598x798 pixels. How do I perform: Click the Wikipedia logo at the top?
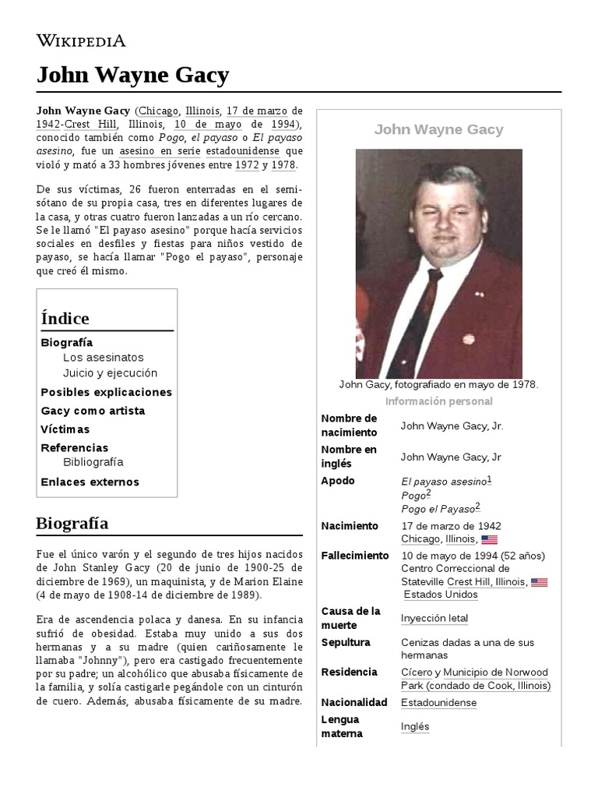pyautogui.click(x=81, y=41)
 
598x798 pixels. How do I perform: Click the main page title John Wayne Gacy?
pyautogui.click(x=132, y=76)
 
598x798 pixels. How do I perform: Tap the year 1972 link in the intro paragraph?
pyautogui.click(x=247, y=165)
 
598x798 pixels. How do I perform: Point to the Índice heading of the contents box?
pyautogui.click(x=65, y=318)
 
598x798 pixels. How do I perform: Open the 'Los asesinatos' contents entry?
pyautogui.click(x=104, y=357)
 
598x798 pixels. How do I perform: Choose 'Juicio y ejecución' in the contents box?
pyautogui.click(x=110, y=373)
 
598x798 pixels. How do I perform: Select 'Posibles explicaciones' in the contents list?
pyautogui.click(x=106, y=392)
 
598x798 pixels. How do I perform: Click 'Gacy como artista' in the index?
pyautogui.click(x=93, y=411)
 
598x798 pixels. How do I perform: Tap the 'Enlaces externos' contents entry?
pyautogui.click(x=90, y=482)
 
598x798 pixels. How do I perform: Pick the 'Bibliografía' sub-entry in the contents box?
pyautogui.click(x=93, y=461)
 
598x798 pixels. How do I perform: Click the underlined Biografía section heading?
pyautogui.click(x=72, y=523)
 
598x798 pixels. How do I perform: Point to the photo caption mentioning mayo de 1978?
pyautogui.click(x=438, y=384)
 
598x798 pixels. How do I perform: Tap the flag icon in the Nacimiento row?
pyautogui.click(x=489, y=539)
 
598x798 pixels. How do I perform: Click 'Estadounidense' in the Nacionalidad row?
pyautogui.click(x=438, y=702)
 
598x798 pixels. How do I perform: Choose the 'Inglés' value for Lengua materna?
pyautogui.click(x=415, y=726)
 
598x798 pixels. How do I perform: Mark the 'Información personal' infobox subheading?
pyautogui.click(x=438, y=401)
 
